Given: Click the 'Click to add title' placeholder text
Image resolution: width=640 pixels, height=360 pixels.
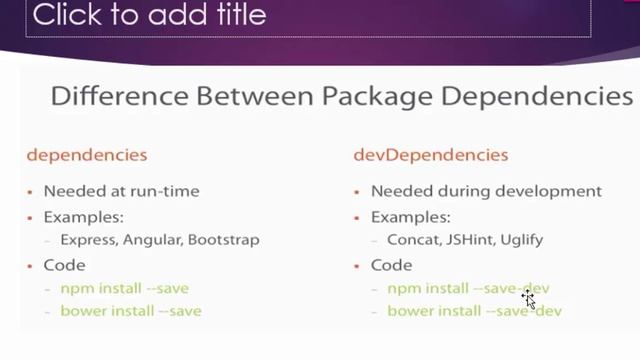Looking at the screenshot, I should [x=150, y=15].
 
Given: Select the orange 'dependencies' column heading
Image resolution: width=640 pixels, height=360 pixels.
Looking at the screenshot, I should [x=87, y=155].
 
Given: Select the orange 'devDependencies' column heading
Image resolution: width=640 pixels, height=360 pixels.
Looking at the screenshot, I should [x=431, y=155].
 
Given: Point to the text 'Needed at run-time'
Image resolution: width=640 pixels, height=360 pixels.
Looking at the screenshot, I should [x=121, y=191].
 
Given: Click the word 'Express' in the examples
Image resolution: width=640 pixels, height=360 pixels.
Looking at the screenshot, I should [x=87, y=240].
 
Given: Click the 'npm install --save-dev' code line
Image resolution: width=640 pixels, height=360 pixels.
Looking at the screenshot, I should [x=468, y=289].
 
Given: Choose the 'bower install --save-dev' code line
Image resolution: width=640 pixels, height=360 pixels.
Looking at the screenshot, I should [x=474, y=311].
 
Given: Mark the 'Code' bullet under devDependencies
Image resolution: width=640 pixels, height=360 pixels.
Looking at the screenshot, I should [x=391, y=265].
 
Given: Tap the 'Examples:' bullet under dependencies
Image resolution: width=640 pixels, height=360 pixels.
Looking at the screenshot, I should [x=78, y=216].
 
